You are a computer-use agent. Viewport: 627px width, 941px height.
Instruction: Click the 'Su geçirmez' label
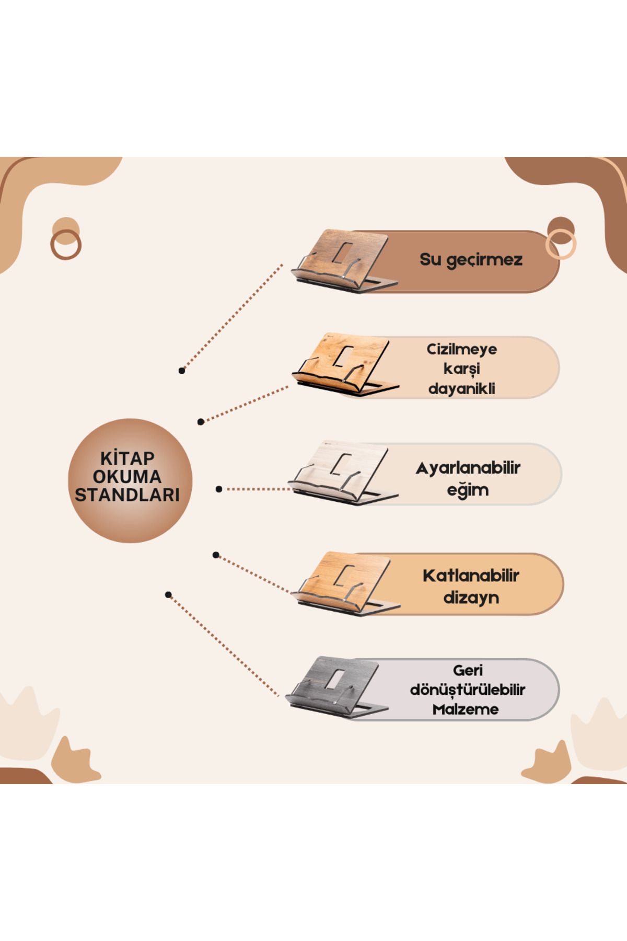coord(471,260)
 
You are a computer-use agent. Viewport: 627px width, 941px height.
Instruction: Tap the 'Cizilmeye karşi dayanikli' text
coord(462,369)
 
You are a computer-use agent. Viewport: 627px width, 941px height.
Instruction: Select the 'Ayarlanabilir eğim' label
coord(468,478)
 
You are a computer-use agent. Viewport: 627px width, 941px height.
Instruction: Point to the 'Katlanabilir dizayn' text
coord(471,586)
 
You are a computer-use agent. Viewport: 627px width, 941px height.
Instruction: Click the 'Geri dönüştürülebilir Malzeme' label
coord(467,690)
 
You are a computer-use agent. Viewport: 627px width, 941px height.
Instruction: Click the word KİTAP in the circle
coord(127,458)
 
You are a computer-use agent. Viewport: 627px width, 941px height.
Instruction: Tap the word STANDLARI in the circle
coord(127,495)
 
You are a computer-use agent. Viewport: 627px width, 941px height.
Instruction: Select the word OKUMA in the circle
coord(127,476)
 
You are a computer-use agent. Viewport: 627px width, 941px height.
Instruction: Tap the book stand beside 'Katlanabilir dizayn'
coord(346,583)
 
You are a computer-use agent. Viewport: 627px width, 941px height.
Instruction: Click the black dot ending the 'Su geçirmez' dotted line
coord(182,371)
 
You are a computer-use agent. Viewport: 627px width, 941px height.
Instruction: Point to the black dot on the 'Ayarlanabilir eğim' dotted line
coord(219,489)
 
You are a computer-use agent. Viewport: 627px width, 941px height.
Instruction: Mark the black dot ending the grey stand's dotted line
coord(168,595)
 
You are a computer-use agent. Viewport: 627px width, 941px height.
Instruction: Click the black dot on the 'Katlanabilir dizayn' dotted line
coord(216,555)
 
